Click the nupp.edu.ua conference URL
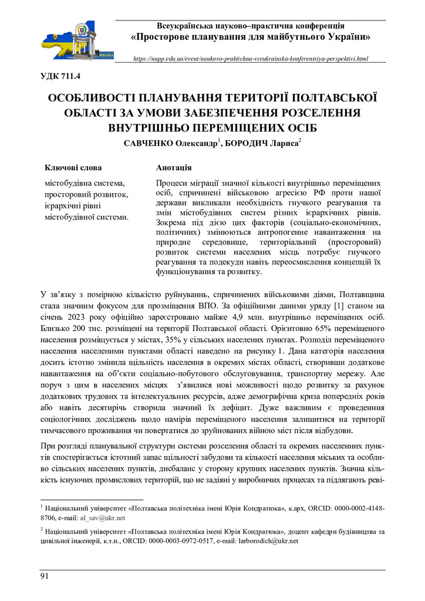click(251, 59)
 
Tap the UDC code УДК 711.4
click(60, 76)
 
